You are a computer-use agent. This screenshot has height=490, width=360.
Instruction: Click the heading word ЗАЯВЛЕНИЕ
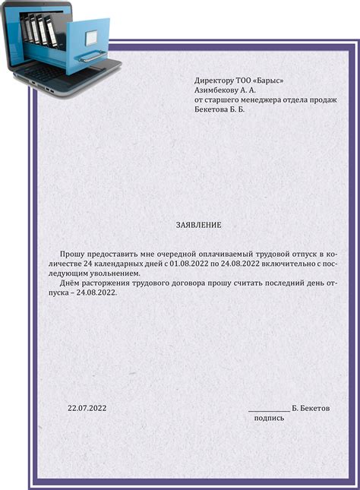coord(198,226)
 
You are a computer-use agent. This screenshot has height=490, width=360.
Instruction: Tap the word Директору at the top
coord(216,80)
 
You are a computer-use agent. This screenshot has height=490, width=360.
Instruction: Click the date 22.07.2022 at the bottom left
coord(87,409)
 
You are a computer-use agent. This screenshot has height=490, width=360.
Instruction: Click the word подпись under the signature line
coord(269,418)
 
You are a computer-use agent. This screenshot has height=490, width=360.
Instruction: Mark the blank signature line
coord(269,411)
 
